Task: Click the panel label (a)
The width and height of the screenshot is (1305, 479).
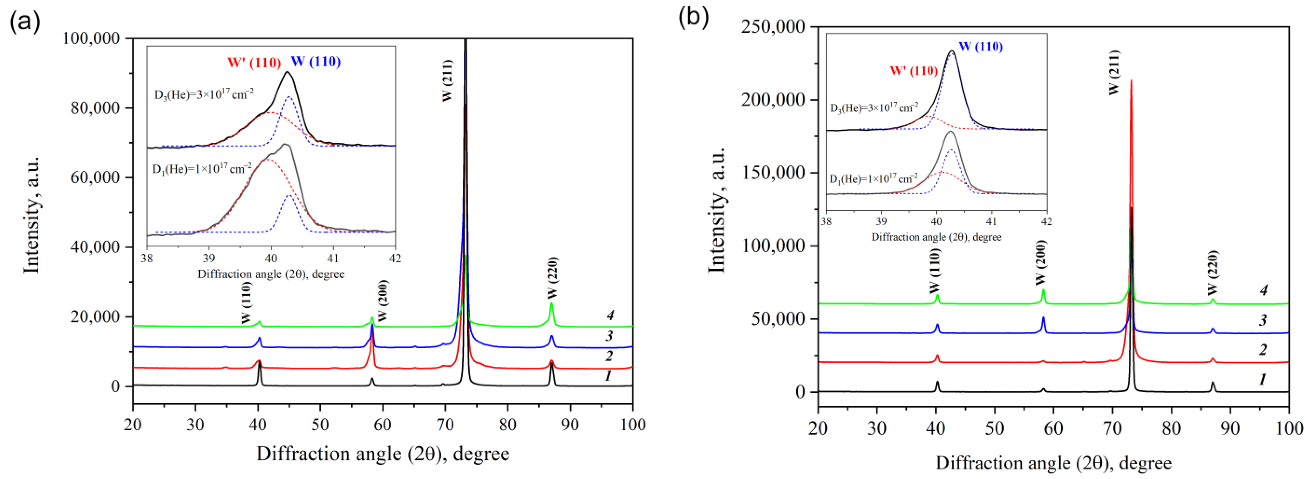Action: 24,22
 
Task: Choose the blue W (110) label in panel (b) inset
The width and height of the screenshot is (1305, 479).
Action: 980,47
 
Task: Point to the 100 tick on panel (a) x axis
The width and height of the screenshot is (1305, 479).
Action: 632,424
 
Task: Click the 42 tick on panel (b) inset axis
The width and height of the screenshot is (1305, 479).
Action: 1046,222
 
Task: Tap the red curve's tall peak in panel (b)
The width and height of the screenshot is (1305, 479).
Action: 1131,81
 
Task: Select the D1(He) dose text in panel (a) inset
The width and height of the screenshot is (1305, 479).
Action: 202,169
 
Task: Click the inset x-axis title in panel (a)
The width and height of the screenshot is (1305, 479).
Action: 271,274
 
